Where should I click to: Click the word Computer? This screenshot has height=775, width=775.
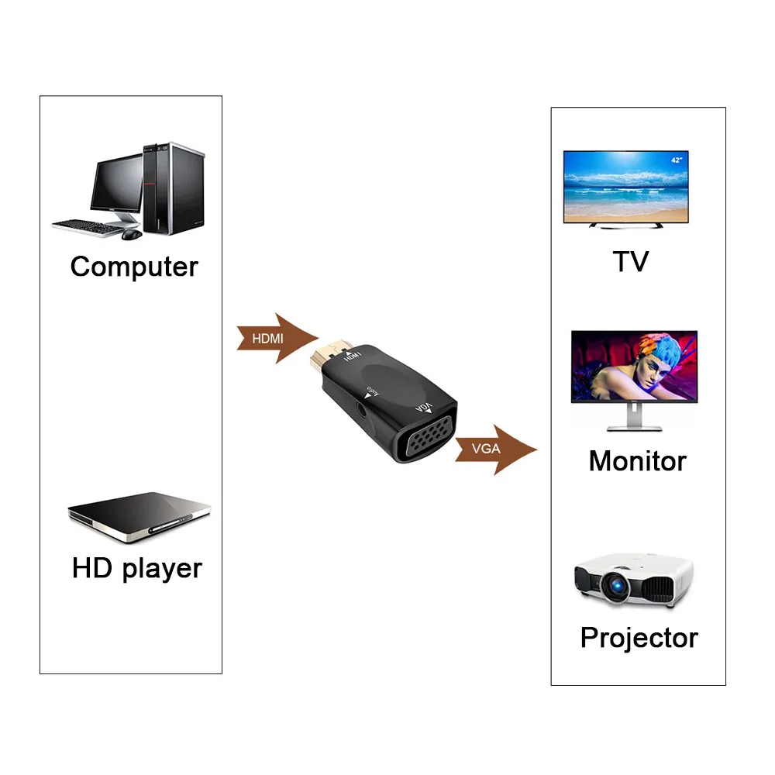click(x=133, y=267)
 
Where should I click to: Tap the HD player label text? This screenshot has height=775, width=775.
click(x=136, y=568)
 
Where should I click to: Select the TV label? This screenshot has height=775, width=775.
click(x=630, y=261)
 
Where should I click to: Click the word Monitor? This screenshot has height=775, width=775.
click(x=637, y=461)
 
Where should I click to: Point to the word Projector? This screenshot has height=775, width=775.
click(x=639, y=638)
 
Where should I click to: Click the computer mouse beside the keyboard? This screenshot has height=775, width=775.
click(x=132, y=233)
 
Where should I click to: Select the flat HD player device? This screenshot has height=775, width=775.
click(x=139, y=515)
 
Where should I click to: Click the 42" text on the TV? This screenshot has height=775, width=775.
click(x=677, y=160)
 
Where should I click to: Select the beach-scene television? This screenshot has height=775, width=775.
click(x=625, y=188)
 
